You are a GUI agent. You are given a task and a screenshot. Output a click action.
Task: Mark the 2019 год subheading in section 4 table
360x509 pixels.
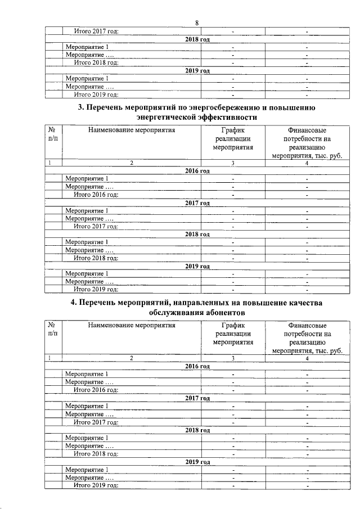click(197, 462)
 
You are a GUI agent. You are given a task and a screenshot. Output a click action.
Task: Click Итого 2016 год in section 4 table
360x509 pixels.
click(96, 389)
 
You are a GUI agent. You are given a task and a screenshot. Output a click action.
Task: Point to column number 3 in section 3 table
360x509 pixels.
click(232, 163)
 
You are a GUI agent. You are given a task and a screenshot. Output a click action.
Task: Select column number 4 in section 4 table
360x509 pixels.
click(307, 358)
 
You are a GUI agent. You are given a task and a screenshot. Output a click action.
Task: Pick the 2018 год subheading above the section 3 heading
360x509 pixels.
click(197, 39)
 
